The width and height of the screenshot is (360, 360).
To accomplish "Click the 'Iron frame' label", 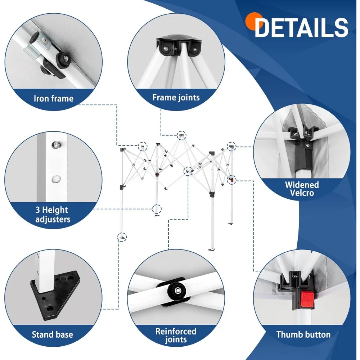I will click(53, 98).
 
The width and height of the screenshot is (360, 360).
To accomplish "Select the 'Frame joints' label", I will click(176, 97).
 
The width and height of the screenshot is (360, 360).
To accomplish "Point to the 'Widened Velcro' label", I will click(302, 189).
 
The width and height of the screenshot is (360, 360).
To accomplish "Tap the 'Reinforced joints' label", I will click(176, 335).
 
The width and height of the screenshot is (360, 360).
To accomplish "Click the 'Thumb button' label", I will click(303, 334).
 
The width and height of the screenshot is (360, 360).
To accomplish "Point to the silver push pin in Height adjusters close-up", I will click(55, 145).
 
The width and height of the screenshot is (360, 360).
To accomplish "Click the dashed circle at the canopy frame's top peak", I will click(182, 136).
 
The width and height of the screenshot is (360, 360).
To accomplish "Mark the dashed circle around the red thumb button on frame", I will click(231, 179).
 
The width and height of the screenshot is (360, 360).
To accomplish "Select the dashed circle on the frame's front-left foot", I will click(123, 237).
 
